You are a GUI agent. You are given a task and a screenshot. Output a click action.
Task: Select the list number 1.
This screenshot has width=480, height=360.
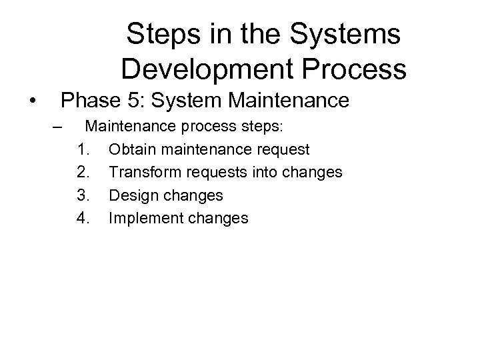coord(83,148)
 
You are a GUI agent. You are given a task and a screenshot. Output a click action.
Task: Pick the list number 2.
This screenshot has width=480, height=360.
coord(83,172)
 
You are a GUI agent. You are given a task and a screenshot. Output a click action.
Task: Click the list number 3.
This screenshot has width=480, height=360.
coord(83,195)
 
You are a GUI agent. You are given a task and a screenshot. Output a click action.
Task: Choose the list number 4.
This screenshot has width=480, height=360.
coord(83,218)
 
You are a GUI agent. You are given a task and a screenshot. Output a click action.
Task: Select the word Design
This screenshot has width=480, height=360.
coord(131,195)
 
